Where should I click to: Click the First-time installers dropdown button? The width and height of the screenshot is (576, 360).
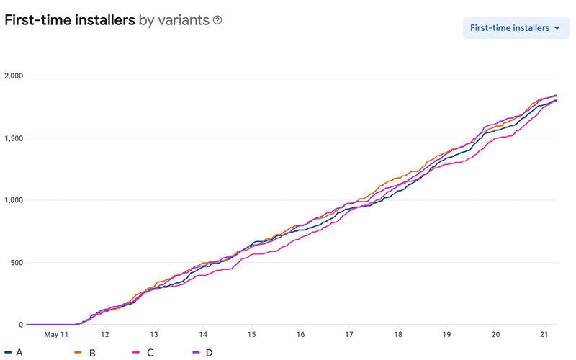pyautogui.click(x=516, y=28)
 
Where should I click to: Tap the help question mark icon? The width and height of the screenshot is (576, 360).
pyautogui.click(x=217, y=20)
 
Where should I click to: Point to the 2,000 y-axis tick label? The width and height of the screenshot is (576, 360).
pyautogui.click(x=14, y=76)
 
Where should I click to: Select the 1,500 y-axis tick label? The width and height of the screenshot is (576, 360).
pyautogui.click(x=14, y=138)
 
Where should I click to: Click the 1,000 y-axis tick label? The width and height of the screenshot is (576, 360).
pyautogui.click(x=14, y=200)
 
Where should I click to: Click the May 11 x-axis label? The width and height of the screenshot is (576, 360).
pyautogui.click(x=56, y=335)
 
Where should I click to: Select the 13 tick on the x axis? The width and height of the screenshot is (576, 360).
pyautogui.click(x=153, y=335)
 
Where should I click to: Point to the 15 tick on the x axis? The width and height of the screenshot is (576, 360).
pyautogui.click(x=251, y=335)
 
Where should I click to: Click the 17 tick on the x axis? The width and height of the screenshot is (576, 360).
pyautogui.click(x=349, y=335)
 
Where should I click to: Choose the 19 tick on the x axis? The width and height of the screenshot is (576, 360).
pyautogui.click(x=446, y=335)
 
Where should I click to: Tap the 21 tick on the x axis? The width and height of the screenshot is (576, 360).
pyautogui.click(x=544, y=335)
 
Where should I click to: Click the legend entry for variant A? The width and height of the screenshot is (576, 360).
pyautogui.click(x=14, y=352)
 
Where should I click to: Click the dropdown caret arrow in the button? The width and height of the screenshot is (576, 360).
pyautogui.click(x=557, y=29)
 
